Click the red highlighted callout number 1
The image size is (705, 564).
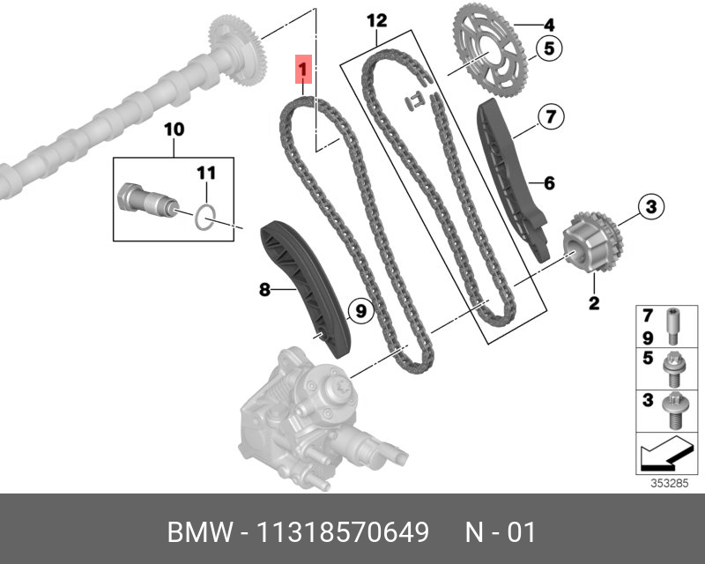302,67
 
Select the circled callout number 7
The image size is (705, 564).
550,115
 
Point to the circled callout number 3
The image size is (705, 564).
650,207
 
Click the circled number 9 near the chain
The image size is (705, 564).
360,309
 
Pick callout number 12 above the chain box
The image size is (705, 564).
376,19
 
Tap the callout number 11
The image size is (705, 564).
205,170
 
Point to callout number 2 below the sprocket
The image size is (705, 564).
594,304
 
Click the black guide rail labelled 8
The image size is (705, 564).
304,286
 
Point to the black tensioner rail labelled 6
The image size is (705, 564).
512,176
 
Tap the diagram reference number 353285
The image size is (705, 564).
669,483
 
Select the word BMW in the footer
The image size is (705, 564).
196,532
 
